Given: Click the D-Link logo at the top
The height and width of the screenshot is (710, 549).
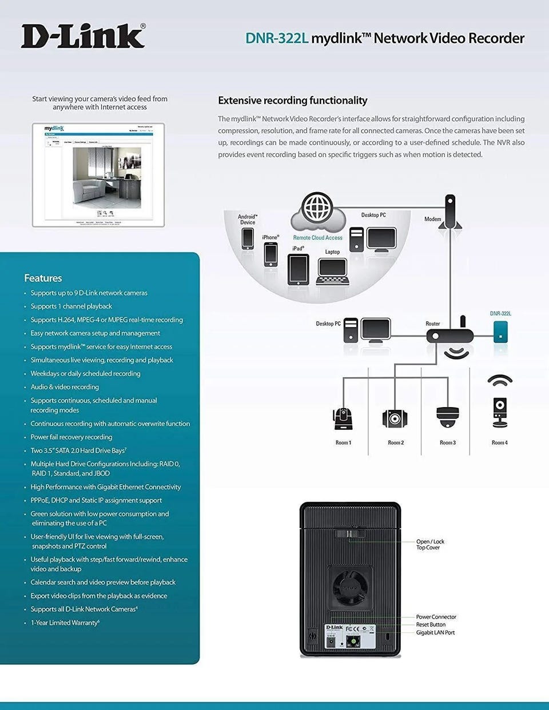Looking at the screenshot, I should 83,37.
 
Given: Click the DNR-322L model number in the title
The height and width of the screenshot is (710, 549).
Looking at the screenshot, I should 277,38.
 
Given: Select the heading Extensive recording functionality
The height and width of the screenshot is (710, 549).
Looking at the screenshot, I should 292,101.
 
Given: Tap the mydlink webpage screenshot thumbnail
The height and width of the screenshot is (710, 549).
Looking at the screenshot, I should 98,175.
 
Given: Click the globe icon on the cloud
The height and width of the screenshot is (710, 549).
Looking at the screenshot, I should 317,208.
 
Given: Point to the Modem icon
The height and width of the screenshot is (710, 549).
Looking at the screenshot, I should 450,213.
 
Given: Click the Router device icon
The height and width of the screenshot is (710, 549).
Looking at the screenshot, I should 449,336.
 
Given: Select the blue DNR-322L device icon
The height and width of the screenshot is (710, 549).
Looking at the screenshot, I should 500,332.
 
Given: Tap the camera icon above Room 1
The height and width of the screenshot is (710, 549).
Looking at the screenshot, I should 343,418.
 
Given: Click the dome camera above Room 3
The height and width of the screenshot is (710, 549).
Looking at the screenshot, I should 447,417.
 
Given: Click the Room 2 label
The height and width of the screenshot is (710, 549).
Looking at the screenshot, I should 396,442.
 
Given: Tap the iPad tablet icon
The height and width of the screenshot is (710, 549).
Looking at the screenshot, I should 298,269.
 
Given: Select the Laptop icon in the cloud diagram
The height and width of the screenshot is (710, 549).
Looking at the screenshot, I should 332,271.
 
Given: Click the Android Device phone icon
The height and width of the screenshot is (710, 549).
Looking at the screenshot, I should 248,238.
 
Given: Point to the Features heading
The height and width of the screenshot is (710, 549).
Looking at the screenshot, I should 43,278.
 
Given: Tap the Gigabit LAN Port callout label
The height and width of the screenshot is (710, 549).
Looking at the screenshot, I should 435,632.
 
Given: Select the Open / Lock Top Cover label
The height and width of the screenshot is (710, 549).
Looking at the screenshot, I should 430,544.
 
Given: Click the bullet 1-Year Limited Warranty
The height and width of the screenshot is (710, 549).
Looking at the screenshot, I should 65,623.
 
